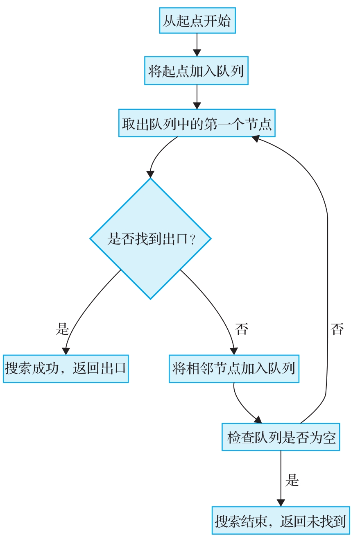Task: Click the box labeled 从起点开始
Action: [x=197, y=20]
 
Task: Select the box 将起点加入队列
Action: [x=196, y=71]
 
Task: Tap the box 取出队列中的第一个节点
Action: [x=197, y=123]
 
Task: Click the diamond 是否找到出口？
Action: [x=150, y=238]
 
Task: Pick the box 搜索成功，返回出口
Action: [x=66, y=369]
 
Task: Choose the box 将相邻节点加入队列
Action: [x=234, y=369]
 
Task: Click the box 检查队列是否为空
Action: [x=281, y=437]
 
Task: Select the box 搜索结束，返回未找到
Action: [x=281, y=521]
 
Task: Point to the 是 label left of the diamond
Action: [x=62, y=329]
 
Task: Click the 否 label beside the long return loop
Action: [x=337, y=329]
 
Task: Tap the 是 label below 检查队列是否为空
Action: [x=292, y=480]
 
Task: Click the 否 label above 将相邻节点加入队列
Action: [x=242, y=329]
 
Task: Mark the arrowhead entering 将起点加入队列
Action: [x=197, y=53]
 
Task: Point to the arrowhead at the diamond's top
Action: [x=151, y=174]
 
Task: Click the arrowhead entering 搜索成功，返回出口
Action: [x=66, y=351]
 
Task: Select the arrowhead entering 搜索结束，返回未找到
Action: [x=281, y=503]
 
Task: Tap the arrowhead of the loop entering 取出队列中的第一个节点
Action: [x=256, y=139]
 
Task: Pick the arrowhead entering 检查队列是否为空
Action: [x=258, y=420]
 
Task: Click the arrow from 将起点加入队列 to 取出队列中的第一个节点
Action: [x=197, y=97]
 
